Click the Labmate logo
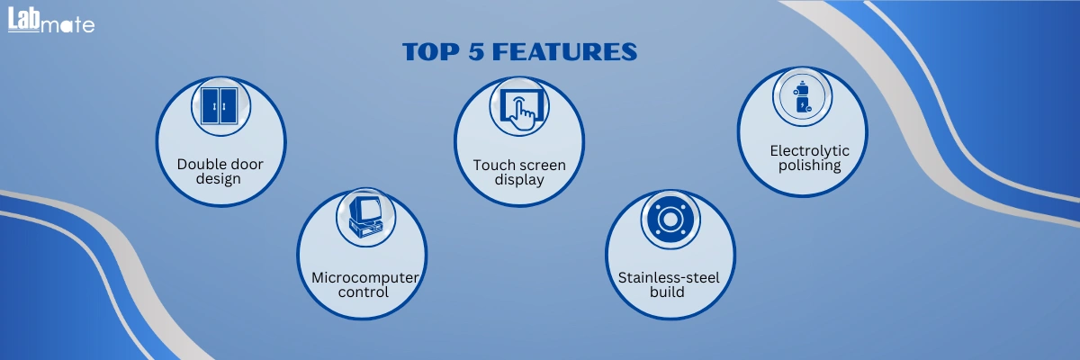[51, 20]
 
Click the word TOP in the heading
[431, 51]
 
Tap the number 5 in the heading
[475, 51]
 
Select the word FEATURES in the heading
[564, 51]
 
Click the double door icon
[220, 105]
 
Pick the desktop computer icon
[366, 217]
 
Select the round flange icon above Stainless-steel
[670, 220]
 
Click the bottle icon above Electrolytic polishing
[802, 97]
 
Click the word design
[218, 179]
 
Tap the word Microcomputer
[365, 277]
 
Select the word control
[363, 292]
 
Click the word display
[519, 180]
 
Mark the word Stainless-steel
[669, 277]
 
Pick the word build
[667, 292]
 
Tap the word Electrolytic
[809, 151]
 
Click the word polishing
[809, 166]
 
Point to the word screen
[543, 166]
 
